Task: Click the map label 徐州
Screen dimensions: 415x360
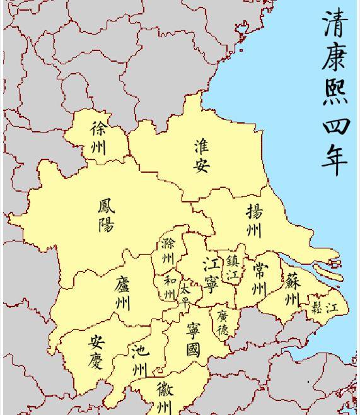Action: pyautogui.click(x=99, y=138)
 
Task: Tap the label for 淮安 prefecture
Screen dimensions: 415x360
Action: pyautogui.click(x=202, y=156)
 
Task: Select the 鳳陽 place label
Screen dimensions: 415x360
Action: pyautogui.click(x=106, y=216)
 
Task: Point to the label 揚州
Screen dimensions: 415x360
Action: pyautogui.click(x=254, y=220)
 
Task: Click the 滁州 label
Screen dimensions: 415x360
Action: pyautogui.click(x=168, y=251)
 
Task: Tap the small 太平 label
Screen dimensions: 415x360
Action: pyautogui.click(x=184, y=295)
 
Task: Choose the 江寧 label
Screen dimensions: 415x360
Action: pyautogui.click(x=211, y=275)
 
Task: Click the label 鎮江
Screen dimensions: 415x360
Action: pyautogui.click(x=233, y=268)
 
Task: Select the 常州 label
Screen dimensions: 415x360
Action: pyautogui.click(x=259, y=279)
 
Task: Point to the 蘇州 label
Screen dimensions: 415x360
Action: pyautogui.click(x=292, y=289)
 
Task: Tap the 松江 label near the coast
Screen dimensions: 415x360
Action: pyautogui.click(x=324, y=308)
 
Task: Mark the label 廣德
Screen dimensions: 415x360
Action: pyautogui.click(x=223, y=321)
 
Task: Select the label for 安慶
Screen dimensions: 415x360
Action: pyautogui.click(x=96, y=352)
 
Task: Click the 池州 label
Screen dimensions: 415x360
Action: pyautogui.click(x=139, y=359)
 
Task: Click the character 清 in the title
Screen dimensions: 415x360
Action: pyautogui.click(x=336, y=23)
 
